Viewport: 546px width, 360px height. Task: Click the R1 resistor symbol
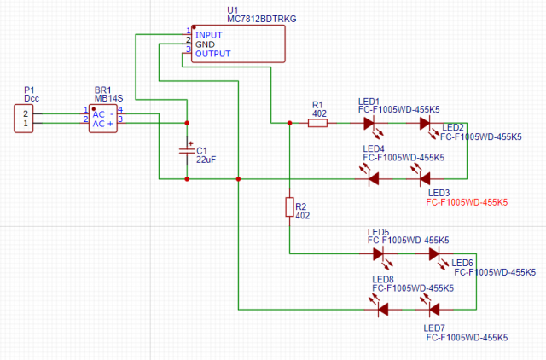(317, 123)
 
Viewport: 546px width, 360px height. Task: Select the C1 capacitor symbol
(187, 150)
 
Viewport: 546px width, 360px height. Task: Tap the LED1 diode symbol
(369, 123)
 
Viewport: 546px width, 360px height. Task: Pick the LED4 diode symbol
(373, 178)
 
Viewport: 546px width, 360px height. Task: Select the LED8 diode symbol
(383, 308)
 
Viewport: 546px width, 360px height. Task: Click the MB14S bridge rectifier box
(107, 118)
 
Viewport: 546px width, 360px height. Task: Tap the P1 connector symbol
(26, 118)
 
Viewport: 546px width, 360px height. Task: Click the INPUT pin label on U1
(209, 35)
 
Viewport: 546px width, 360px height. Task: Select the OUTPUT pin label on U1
(212, 54)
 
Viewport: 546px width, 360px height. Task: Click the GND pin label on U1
(206, 44)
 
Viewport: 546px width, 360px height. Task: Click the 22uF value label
(206, 160)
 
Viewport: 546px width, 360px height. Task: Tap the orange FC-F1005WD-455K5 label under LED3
(467, 203)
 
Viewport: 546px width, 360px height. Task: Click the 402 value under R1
(319, 113)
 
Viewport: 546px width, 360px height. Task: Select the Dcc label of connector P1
(32, 98)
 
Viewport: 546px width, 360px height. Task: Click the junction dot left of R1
(289, 123)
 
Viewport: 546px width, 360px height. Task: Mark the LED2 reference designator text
(452, 127)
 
